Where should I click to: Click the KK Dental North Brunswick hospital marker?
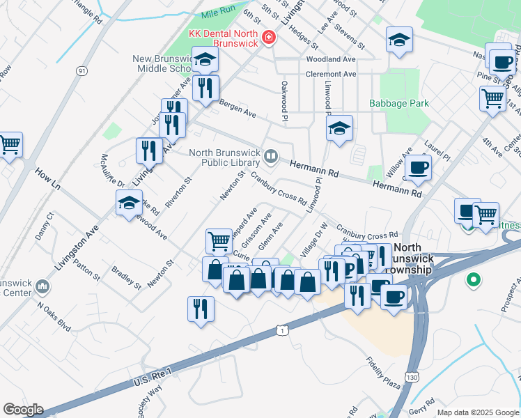[x=269, y=37]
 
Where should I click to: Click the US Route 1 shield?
[x=281, y=329]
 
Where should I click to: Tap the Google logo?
[x=23, y=410]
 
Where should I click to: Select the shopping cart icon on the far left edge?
[x=10, y=145]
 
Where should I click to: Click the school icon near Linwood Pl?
[x=339, y=128]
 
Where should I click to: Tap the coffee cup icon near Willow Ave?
[x=418, y=167]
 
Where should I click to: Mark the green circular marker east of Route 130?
[x=474, y=280]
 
